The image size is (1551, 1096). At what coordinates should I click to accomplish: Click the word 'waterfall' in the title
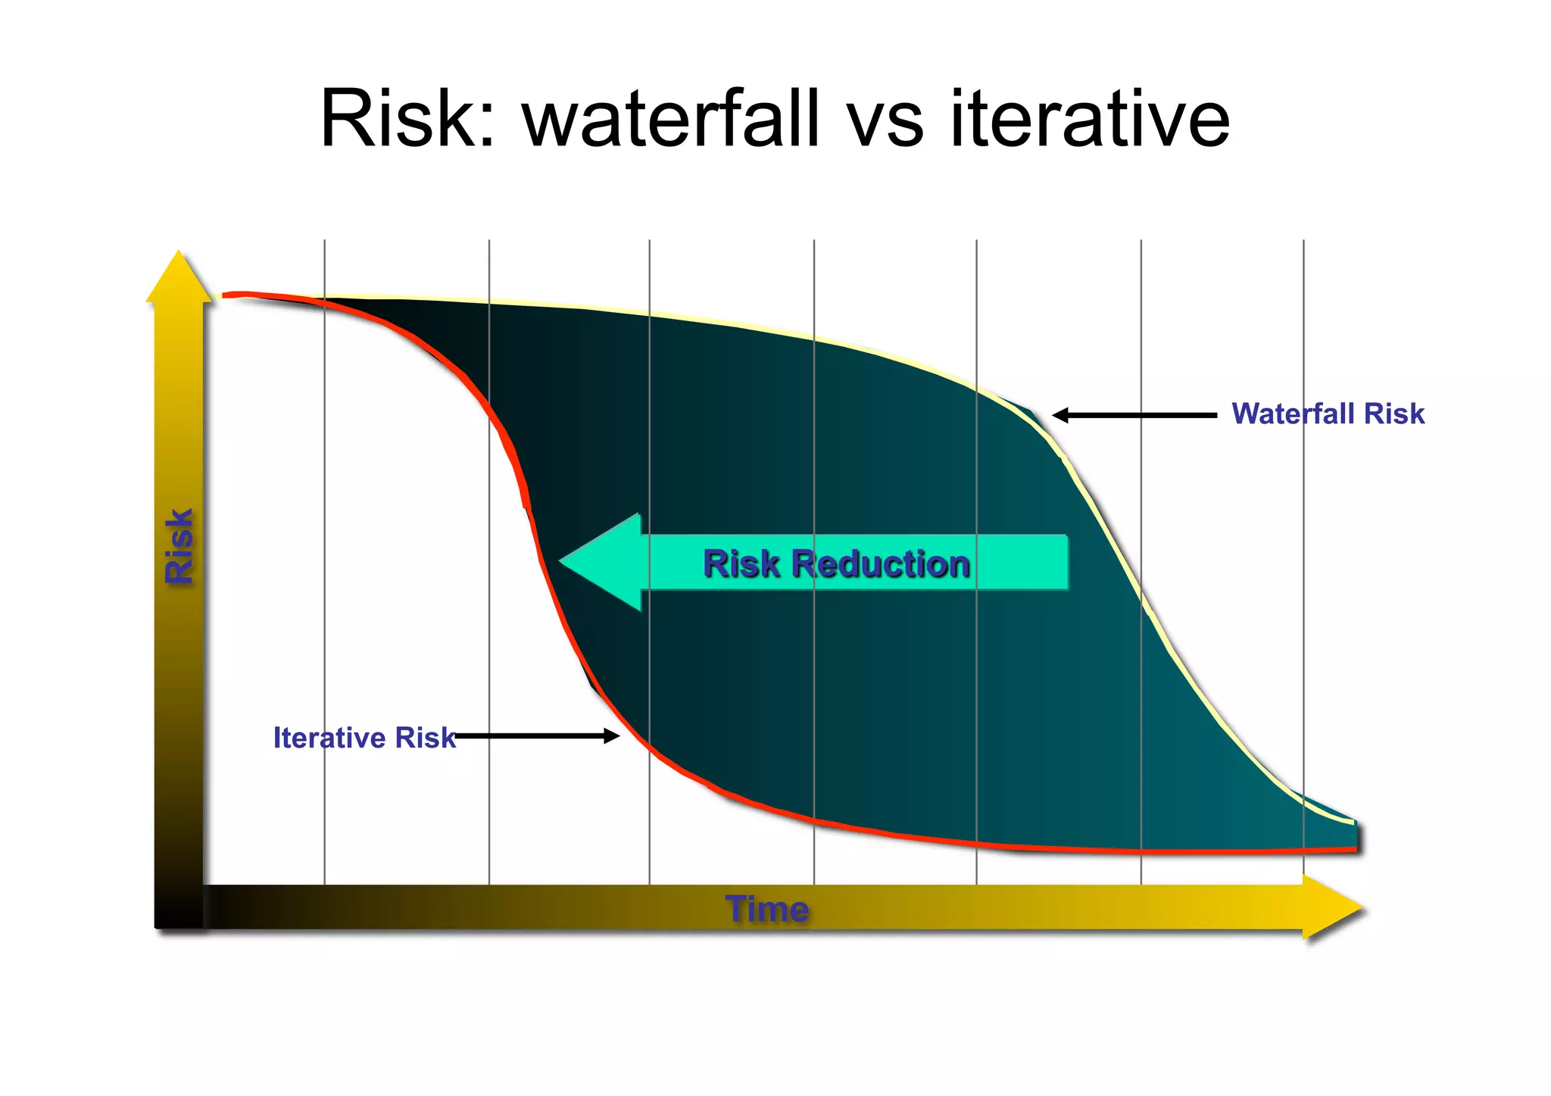(670, 119)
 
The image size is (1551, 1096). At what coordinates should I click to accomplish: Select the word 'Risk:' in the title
(407, 119)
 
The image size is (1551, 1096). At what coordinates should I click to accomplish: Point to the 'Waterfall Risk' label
(1328, 414)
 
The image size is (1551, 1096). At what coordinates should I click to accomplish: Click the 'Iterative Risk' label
(364, 737)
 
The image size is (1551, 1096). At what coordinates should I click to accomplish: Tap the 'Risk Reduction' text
(836, 564)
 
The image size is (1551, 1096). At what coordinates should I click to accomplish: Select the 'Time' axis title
(766, 908)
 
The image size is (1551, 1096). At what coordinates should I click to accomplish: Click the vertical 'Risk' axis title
(179, 545)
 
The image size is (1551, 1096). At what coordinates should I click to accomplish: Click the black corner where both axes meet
(179, 907)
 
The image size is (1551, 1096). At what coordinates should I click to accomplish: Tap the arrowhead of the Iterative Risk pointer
(612, 735)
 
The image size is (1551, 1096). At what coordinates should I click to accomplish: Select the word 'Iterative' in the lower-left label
(329, 737)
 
